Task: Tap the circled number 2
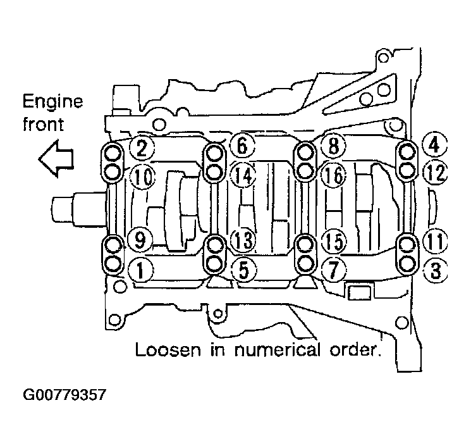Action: (x=142, y=148)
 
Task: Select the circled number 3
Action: (x=436, y=271)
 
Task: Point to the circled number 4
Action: (x=434, y=146)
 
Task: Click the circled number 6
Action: (x=242, y=146)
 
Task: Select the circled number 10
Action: (x=144, y=176)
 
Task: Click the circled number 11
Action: (x=434, y=242)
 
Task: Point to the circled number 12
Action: (x=434, y=171)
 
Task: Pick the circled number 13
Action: (x=242, y=240)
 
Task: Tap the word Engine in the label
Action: (x=52, y=101)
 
